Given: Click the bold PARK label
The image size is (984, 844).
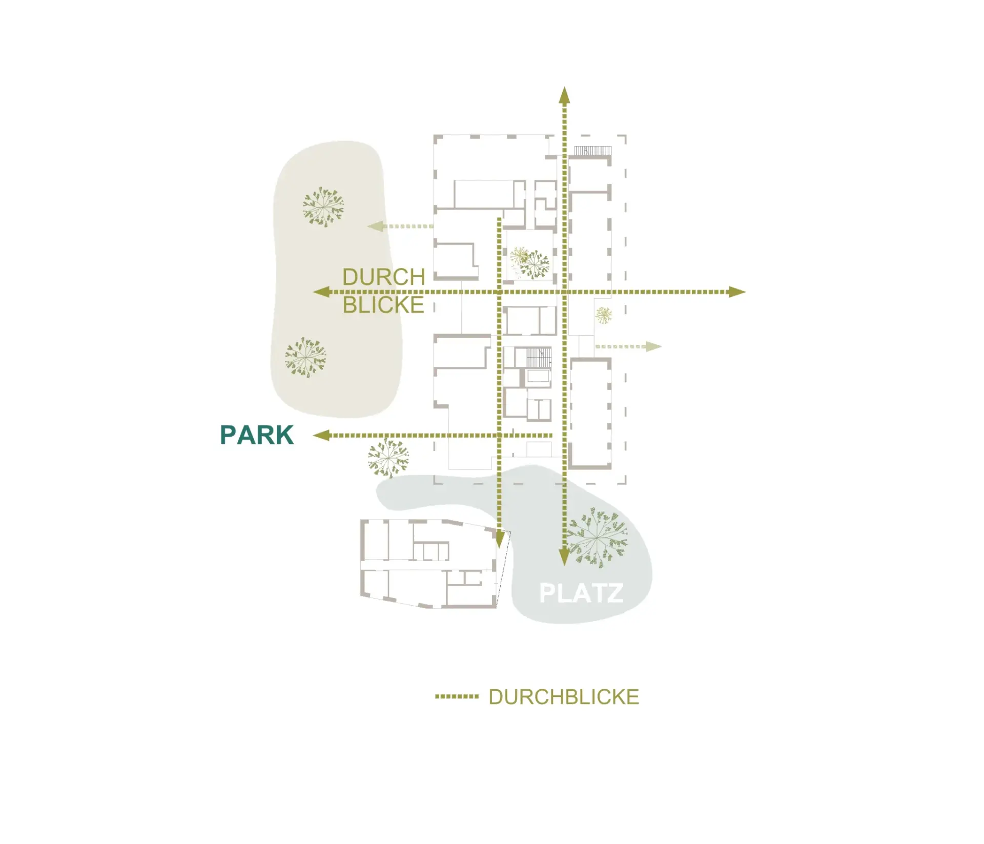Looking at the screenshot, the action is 257,435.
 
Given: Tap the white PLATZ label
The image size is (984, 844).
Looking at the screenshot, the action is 581,593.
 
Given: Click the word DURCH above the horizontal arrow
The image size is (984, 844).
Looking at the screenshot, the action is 384,277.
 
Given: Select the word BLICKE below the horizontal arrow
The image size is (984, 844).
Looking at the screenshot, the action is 383,305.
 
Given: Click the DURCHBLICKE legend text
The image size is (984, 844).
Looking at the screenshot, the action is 564,697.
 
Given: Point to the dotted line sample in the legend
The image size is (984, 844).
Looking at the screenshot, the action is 457,697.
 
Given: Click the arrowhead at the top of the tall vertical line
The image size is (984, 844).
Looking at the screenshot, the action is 564,95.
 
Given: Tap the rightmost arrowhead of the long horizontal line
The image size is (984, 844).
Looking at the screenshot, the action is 737,292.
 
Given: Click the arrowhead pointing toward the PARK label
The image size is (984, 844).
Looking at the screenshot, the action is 321,436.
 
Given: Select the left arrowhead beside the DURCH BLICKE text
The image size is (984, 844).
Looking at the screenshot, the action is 321,292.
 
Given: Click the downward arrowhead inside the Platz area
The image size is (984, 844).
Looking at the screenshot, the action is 564,557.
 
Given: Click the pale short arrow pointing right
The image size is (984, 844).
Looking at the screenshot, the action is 629,346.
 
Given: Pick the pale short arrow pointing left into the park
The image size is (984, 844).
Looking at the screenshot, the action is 401,226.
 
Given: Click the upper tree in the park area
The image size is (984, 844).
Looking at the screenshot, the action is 323,207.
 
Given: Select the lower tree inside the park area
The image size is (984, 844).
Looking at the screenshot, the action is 305,357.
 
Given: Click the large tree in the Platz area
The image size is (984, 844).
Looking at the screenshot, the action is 597,537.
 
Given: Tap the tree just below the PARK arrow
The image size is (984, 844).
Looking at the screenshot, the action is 388,458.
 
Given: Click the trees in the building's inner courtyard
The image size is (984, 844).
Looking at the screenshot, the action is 530,263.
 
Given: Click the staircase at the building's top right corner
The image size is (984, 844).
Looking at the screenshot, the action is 592,150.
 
